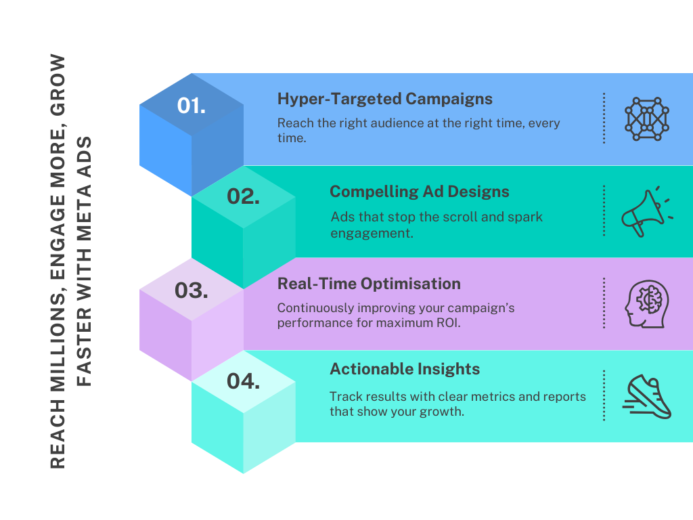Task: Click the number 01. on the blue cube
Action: pyautogui.click(x=192, y=106)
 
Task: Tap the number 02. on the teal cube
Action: pyautogui.click(x=244, y=196)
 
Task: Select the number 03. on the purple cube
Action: pyautogui.click(x=191, y=290)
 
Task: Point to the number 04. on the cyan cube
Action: pyautogui.click(x=243, y=381)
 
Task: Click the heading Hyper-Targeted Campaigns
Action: pyautogui.click(x=384, y=99)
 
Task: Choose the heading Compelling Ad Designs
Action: pyautogui.click(x=419, y=192)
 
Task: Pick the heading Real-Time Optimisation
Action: pyautogui.click(x=369, y=284)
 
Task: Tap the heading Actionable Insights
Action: pyautogui.click(x=405, y=369)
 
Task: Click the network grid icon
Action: pyautogui.click(x=646, y=118)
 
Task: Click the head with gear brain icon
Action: pyautogui.click(x=646, y=303)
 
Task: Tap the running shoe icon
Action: pyautogui.click(x=646, y=396)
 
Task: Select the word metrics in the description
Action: pyautogui.click(x=501, y=396)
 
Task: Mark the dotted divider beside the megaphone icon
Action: pyautogui.click(x=604, y=211)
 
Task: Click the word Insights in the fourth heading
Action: pyautogui.click(x=449, y=369)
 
